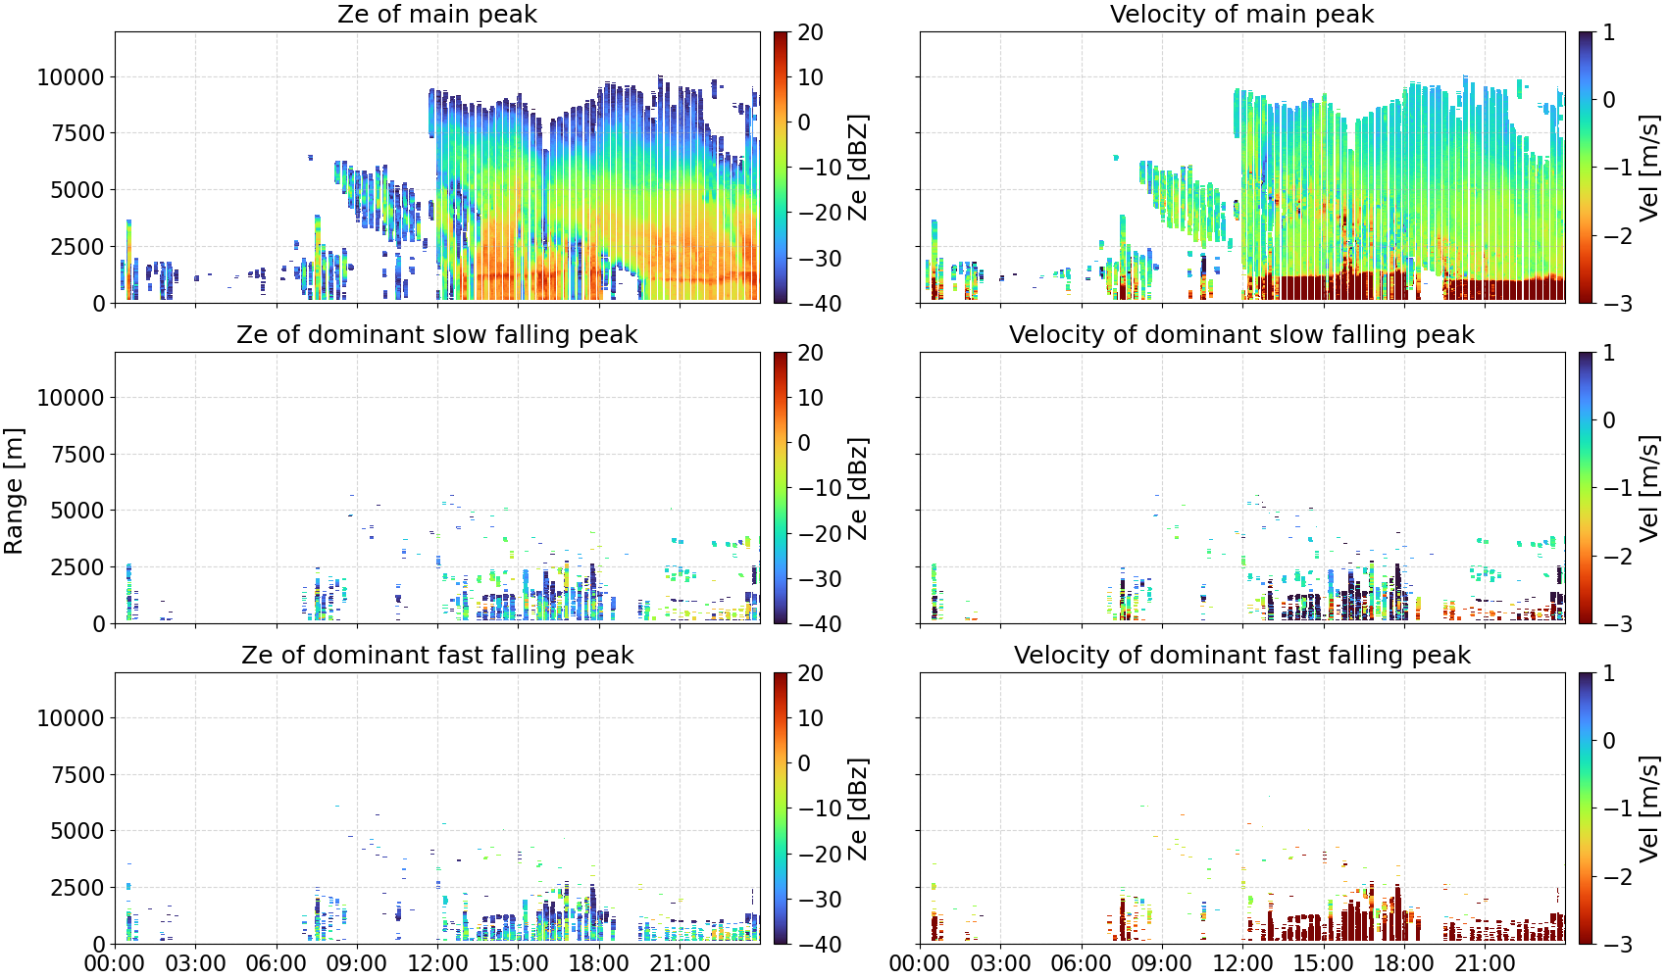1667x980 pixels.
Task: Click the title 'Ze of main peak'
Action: pos(436,14)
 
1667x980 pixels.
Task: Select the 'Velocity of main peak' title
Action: pos(1242,14)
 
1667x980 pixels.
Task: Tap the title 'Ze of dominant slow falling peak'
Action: pos(436,334)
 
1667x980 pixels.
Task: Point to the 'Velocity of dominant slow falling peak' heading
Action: pos(1242,334)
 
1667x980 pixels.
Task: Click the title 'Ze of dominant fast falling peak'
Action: pos(436,655)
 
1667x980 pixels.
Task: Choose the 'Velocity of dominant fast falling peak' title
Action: pos(1242,655)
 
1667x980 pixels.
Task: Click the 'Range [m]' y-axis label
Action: pos(14,491)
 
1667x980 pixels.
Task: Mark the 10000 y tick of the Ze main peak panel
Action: pos(71,76)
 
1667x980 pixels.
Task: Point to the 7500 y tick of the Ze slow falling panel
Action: pos(78,454)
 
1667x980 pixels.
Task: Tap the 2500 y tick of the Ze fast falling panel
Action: pos(78,887)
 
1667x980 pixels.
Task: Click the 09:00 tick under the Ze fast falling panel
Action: pos(357,963)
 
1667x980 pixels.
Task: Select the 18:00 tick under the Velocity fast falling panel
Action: pos(1403,963)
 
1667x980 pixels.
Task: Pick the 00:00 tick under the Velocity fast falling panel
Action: pos(920,963)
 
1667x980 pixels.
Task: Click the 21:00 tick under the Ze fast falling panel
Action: pos(680,963)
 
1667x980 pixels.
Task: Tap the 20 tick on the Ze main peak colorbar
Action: pos(810,32)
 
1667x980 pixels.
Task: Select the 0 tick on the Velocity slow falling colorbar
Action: pos(1609,420)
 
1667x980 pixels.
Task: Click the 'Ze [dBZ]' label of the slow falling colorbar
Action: pos(857,488)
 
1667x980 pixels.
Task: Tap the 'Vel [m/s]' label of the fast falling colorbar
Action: pos(1649,808)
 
